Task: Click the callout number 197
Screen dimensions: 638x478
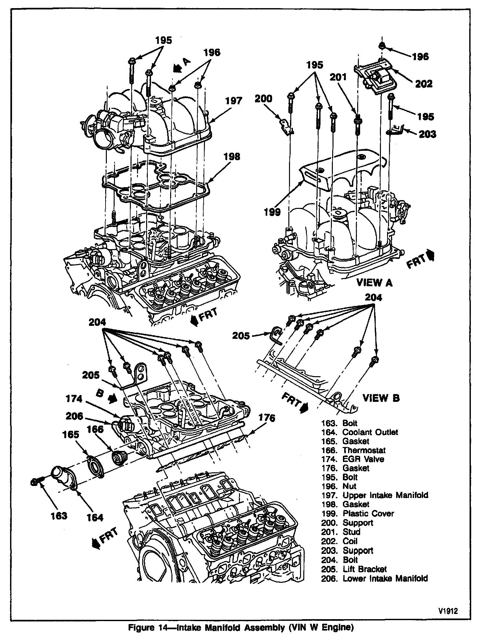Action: (234, 101)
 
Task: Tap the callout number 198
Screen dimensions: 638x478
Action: (232, 157)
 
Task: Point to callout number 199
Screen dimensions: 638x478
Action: (272, 212)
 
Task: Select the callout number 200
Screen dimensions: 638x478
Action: (263, 98)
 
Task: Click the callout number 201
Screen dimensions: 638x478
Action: (338, 77)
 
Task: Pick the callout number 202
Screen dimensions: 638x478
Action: (424, 84)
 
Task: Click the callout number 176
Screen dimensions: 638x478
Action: (267, 418)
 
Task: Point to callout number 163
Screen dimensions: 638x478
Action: (59, 516)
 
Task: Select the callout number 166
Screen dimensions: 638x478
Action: (95, 429)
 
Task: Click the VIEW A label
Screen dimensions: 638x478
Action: (374, 283)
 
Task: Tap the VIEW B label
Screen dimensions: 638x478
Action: (381, 398)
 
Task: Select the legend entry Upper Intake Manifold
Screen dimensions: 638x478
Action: (385, 495)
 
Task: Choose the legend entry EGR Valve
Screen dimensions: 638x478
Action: (363, 459)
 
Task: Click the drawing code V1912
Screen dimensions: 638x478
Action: (448, 611)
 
